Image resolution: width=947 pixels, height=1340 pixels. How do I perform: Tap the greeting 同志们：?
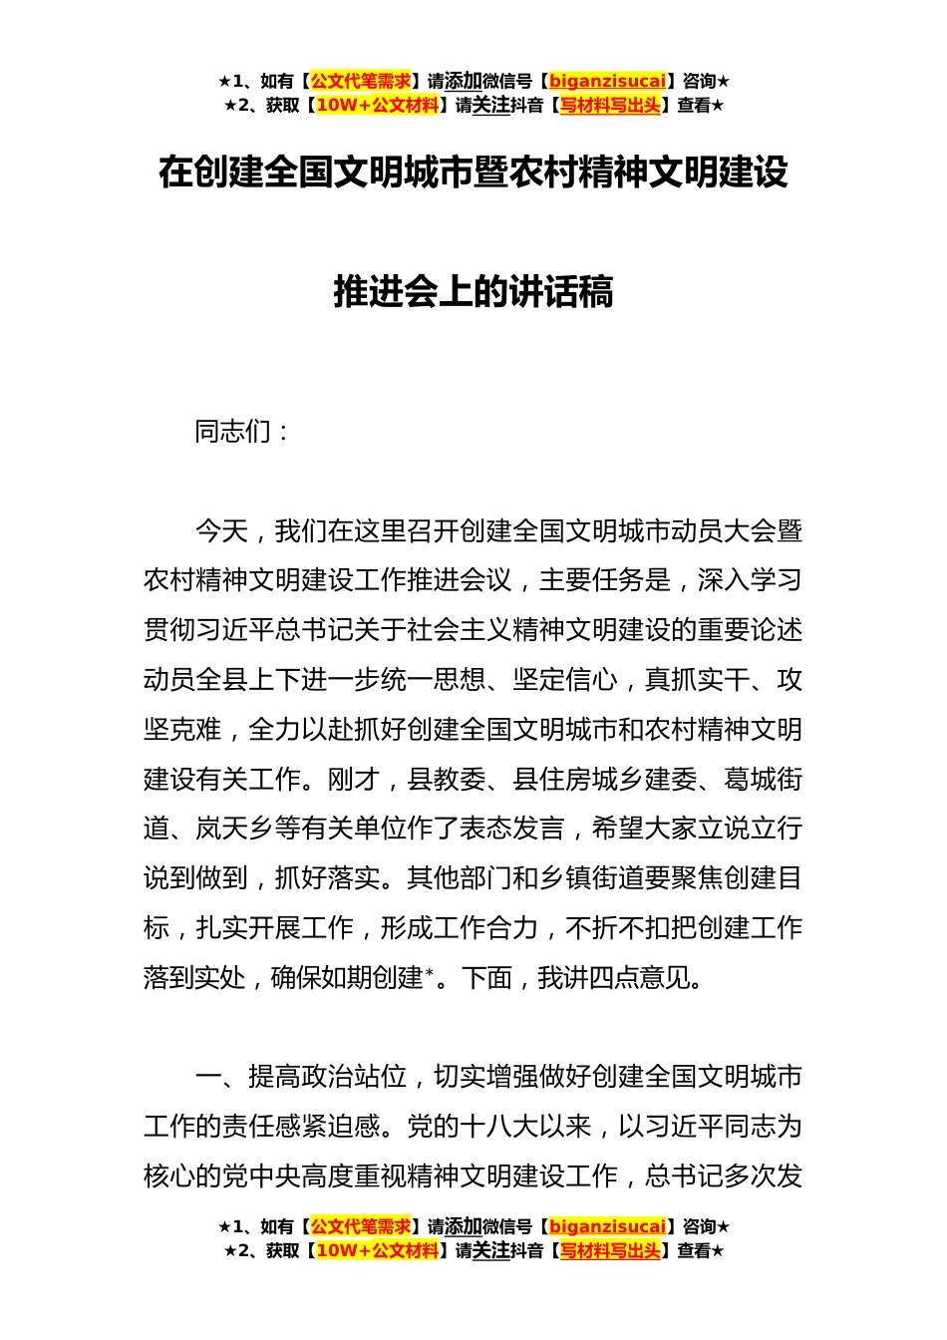(242, 432)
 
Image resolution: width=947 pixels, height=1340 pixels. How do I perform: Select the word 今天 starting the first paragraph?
(220, 531)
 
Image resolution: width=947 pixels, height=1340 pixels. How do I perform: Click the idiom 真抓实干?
(697, 680)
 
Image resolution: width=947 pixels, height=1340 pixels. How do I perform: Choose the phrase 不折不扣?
(617, 928)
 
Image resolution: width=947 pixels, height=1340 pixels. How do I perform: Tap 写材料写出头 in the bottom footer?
(610, 1251)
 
